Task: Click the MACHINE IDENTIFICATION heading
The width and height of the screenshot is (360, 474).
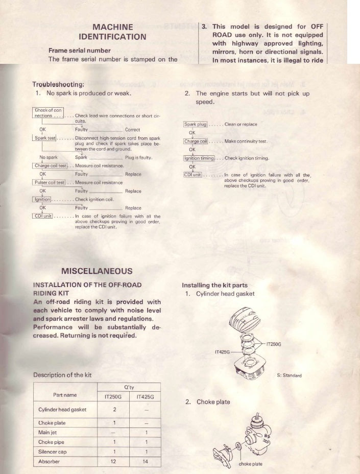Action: click(x=112, y=32)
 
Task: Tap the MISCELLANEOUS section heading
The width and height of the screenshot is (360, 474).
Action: click(x=97, y=271)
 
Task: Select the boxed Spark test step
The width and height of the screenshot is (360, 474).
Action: click(x=44, y=138)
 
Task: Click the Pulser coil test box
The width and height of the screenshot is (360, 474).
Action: click(x=50, y=182)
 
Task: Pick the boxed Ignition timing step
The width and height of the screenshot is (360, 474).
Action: click(x=199, y=158)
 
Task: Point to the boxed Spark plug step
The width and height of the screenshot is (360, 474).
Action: click(x=195, y=124)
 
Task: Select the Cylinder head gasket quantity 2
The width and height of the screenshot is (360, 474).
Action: click(x=114, y=409)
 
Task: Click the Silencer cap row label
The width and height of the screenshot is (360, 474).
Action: click(x=52, y=452)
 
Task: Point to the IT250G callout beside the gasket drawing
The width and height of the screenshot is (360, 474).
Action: click(x=274, y=344)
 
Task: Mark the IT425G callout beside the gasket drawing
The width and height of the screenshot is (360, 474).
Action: click(x=221, y=352)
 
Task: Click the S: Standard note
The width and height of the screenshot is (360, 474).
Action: click(x=289, y=375)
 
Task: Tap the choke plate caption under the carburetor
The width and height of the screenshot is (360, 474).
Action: click(x=251, y=464)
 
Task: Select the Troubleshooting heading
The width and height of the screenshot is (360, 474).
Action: click(x=58, y=84)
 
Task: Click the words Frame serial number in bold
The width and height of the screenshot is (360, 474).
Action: click(x=79, y=51)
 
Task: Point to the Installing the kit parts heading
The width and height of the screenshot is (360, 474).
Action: click(x=214, y=285)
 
